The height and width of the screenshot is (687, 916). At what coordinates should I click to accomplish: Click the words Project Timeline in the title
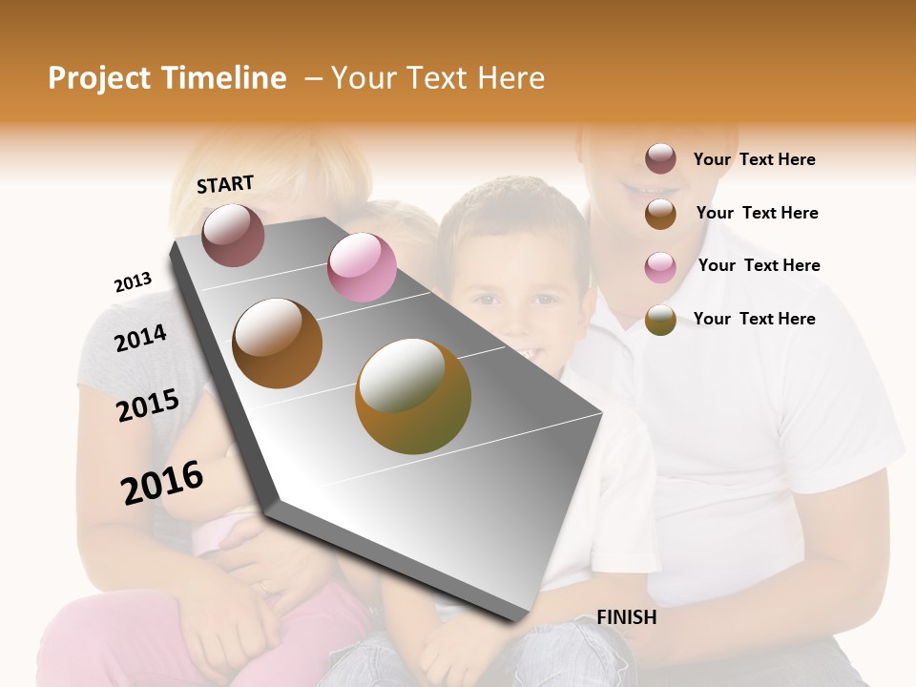(167, 78)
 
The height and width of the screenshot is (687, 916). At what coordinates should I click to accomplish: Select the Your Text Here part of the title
(438, 78)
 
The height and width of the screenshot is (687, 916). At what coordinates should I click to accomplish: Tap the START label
(225, 184)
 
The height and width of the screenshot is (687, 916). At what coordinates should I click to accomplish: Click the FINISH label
(626, 617)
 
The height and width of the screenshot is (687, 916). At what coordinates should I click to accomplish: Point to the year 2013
(133, 282)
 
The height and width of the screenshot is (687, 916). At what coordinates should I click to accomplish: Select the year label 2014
(140, 338)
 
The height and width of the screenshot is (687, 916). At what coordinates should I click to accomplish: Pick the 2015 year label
(148, 405)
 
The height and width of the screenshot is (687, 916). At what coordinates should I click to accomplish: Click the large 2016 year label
(162, 483)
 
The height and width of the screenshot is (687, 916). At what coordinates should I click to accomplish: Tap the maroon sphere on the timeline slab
(233, 235)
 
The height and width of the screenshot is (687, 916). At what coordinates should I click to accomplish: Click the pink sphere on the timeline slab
(362, 267)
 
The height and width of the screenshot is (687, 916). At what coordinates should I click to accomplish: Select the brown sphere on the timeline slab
(278, 343)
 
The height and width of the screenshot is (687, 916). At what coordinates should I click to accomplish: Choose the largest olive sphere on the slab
(413, 396)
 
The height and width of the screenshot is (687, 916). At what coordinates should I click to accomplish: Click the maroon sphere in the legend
(660, 159)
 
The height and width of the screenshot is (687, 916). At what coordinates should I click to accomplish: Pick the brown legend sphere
(660, 213)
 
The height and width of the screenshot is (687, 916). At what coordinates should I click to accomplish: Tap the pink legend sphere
(660, 266)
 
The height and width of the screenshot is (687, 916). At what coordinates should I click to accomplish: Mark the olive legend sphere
(660, 320)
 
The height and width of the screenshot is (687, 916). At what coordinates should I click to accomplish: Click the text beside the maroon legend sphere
(754, 159)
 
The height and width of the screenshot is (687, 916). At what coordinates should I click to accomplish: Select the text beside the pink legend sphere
(759, 265)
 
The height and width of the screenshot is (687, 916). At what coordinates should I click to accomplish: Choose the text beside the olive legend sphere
(754, 319)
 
